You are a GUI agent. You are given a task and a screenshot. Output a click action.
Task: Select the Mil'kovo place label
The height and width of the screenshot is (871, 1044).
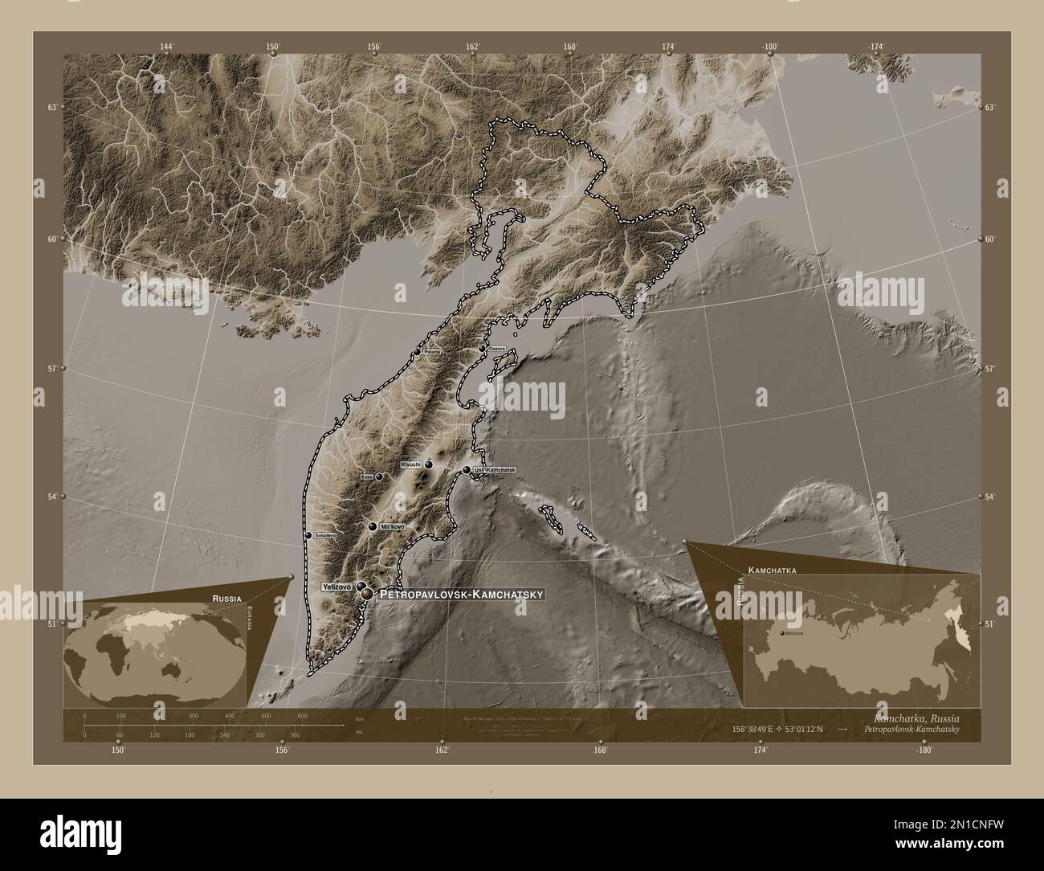392,526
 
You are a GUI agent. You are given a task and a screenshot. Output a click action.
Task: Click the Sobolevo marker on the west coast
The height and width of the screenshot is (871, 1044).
308,535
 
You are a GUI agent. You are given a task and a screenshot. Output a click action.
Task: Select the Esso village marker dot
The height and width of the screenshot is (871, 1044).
379,476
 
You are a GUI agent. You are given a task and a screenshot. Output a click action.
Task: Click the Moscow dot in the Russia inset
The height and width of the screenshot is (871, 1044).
780,634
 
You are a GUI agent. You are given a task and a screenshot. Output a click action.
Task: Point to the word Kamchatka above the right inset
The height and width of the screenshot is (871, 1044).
772,569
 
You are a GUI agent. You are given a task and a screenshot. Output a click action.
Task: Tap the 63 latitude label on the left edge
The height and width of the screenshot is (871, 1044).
51,107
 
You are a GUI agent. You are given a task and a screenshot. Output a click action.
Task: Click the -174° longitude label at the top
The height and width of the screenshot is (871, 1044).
875,47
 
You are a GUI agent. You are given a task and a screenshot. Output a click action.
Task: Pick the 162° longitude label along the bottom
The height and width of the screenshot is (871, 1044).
441,750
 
